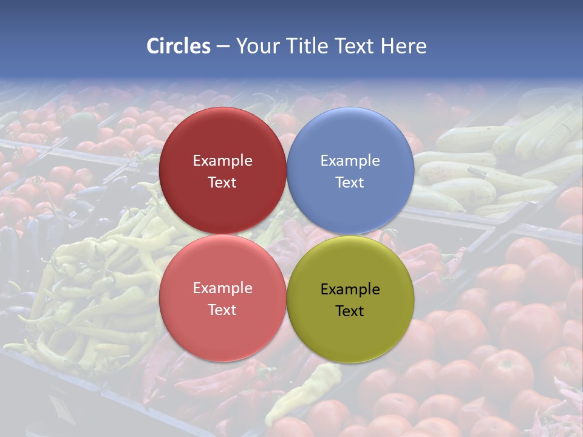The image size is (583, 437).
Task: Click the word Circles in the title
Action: tap(179, 46)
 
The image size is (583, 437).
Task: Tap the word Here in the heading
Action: tap(403, 46)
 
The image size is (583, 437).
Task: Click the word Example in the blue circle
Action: tap(350, 161)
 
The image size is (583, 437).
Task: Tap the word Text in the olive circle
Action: tap(350, 311)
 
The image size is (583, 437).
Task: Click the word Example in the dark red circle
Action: tap(222, 161)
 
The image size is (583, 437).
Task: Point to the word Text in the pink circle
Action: tap(222, 310)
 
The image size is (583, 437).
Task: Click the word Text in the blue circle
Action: tap(350, 183)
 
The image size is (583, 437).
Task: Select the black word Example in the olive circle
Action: tap(350, 290)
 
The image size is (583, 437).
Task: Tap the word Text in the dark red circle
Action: tap(222, 183)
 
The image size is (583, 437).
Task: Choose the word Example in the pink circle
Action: tap(222, 288)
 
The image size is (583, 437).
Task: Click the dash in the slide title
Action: tap(223, 47)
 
